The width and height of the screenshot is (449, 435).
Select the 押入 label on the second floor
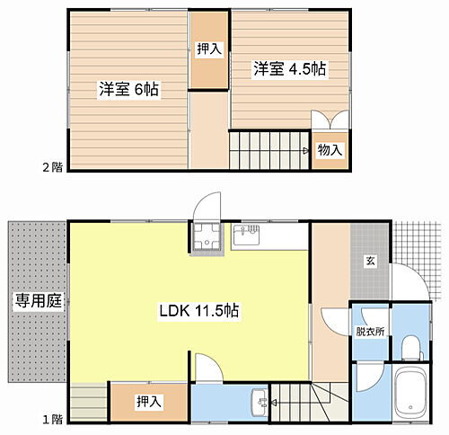pos(208,49)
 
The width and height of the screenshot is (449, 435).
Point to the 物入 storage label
pos(330,149)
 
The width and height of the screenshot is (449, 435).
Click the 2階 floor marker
pos(52,167)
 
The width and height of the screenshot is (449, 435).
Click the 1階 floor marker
pos(52,418)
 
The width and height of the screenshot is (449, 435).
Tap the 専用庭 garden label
pos(36,301)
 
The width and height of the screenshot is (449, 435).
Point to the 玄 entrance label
pos(369,262)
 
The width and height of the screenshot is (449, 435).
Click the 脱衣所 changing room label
pos(369,332)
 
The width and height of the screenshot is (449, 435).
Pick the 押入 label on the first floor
pos(149,400)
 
